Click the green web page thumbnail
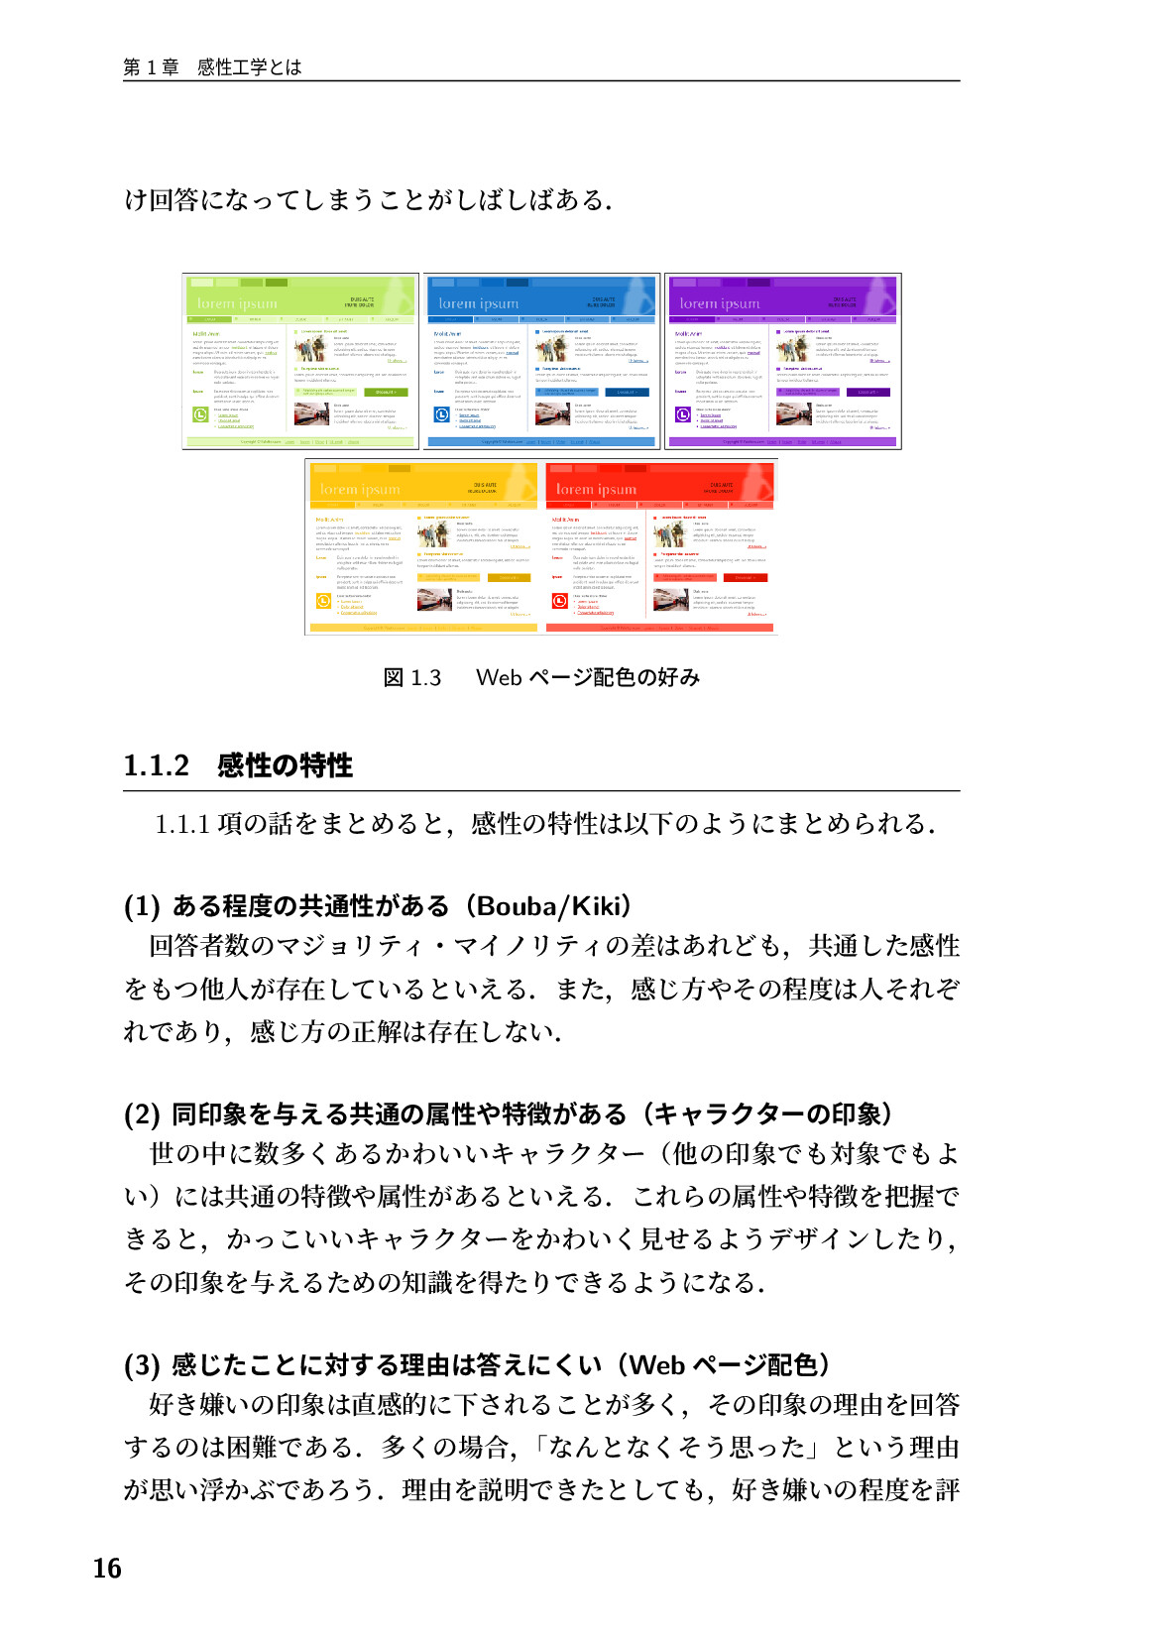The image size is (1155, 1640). (x=300, y=362)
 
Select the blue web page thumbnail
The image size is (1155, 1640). (x=541, y=362)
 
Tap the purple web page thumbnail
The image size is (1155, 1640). (x=782, y=362)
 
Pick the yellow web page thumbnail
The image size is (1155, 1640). (x=423, y=546)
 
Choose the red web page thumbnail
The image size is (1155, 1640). (x=660, y=546)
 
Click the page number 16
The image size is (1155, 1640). (x=107, y=1569)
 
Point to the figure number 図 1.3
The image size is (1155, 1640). (x=411, y=678)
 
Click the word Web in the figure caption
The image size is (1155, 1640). (x=499, y=678)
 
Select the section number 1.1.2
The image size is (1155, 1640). (x=156, y=765)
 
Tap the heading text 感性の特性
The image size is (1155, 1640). (x=286, y=765)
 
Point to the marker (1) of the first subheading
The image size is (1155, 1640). (x=142, y=906)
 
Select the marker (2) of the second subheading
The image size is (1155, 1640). (x=142, y=1114)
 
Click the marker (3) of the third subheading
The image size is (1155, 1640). (x=142, y=1365)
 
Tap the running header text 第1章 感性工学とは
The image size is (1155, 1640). (x=212, y=67)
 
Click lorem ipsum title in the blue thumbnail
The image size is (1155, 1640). (x=478, y=304)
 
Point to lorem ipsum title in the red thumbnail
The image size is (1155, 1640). (x=596, y=490)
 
